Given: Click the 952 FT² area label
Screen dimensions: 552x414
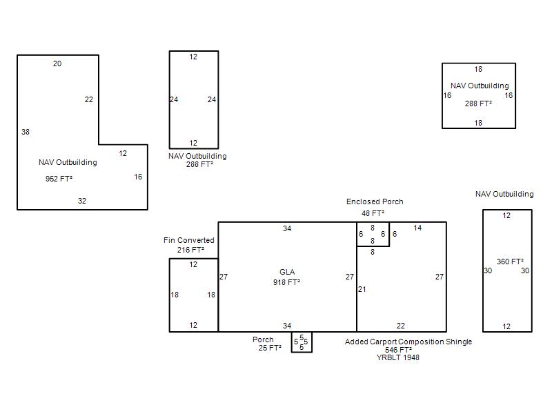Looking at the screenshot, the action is point(59,179).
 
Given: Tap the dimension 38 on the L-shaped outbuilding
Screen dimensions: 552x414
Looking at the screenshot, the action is point(26,132).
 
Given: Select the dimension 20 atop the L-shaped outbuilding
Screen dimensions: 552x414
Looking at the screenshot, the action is point(57,63).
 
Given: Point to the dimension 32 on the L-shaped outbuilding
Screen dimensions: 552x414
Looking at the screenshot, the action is point(82,201).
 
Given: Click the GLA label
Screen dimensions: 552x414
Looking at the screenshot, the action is point(287,272).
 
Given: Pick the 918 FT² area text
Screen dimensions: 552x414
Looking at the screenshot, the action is point(286,282).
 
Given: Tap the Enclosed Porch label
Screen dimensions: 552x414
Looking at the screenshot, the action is point(375,201).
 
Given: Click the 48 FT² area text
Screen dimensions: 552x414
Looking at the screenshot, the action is point(373,213).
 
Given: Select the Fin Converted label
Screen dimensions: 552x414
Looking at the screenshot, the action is point(188,240).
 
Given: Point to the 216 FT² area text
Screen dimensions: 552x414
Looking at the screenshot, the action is point(190,250).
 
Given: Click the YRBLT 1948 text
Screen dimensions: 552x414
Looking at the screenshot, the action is point(398,357).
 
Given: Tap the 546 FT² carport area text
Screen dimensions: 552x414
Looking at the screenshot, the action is point(398,350).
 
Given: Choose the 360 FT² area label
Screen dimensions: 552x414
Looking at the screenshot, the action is point(510,262).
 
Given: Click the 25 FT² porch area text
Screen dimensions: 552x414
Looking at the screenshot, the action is point(270,348).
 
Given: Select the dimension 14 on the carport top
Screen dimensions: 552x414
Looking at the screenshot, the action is point(417,228).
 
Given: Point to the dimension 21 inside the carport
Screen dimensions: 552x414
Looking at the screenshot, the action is point(362,289).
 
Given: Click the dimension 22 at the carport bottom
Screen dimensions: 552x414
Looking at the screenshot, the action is point(401,326).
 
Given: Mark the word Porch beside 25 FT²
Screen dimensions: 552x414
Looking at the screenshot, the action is point(263,339).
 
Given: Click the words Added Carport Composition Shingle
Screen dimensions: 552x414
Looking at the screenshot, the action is point(408,342).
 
